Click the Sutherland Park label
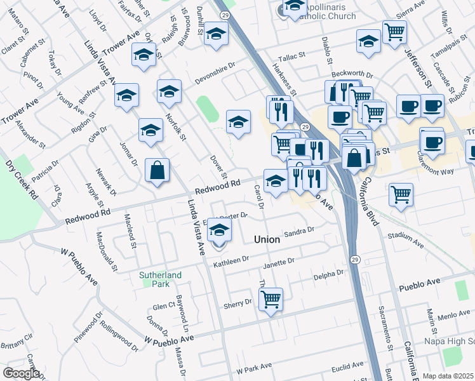(161, 279)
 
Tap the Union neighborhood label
(267, 239)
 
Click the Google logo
(21, 373)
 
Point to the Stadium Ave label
(405, 239)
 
